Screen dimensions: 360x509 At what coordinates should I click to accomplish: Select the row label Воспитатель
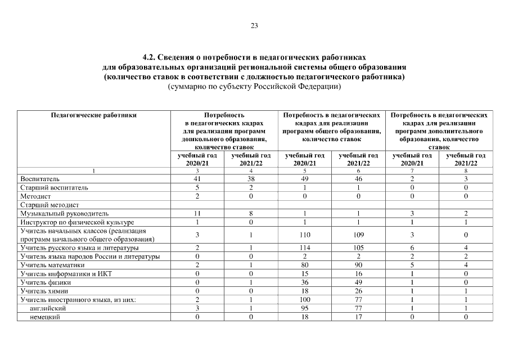[x=37, y=178]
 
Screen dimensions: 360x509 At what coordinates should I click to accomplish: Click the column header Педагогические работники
[x=94, y=115]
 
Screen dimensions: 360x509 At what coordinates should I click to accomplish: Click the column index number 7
[x=412, y=170]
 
